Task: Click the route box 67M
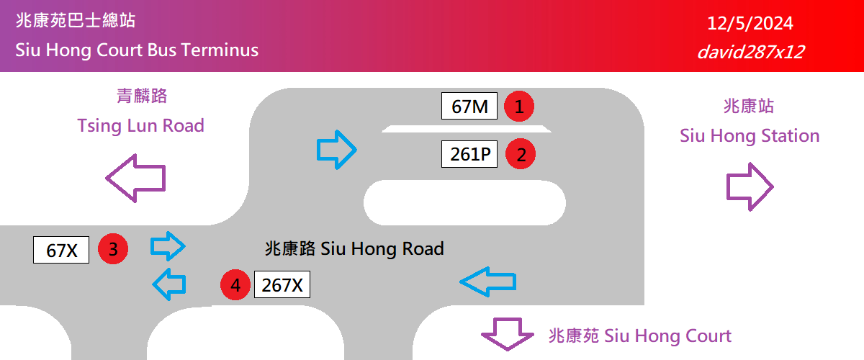[x=469, y=107]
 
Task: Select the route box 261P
[x=469, y=153]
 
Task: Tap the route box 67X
[x=61, y=250]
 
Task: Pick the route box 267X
[x=282, y=285]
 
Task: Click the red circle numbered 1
[x=518, y=107]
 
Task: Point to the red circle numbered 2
[x=521, y=153]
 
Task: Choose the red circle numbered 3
[x=113, y=249]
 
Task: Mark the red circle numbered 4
[x=235, y=285]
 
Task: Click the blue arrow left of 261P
[x=337, y=150]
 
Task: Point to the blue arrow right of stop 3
[x=168, y=246]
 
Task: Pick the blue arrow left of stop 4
[x=169, y=284]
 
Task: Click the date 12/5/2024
[x=750, y=24]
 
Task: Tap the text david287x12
[x=750, y=52]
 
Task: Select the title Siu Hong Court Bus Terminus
[x=137, y=50]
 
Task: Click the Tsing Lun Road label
[x=141, y=126]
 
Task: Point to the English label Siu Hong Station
[x=750, y=135]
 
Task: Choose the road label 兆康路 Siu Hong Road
[x=354, y=249]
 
